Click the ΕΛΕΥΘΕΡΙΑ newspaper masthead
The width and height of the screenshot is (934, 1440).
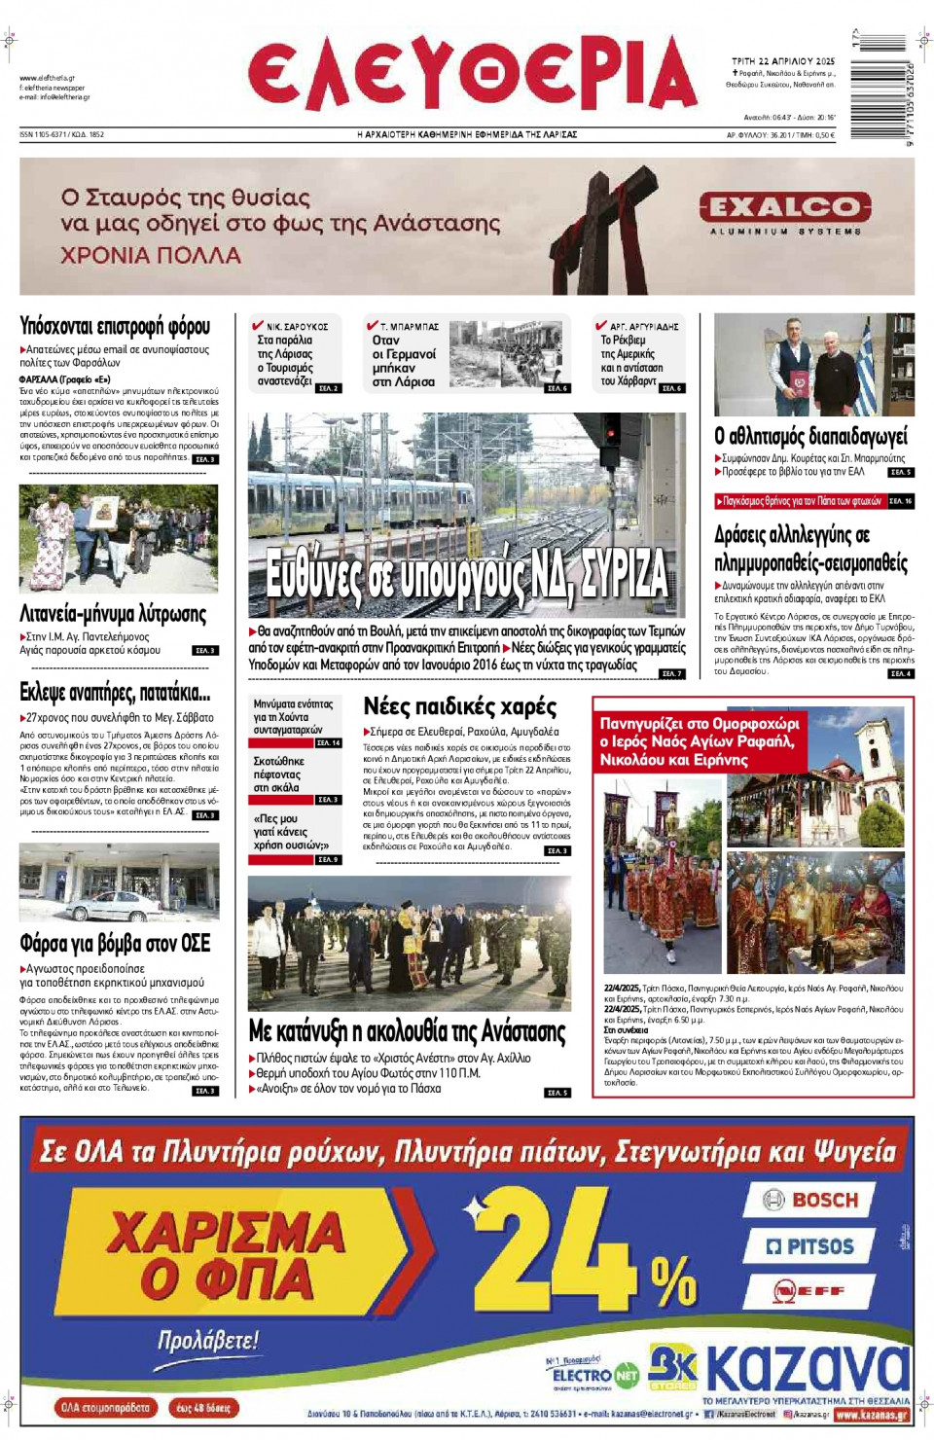473,76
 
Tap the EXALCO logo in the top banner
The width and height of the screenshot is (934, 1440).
784,207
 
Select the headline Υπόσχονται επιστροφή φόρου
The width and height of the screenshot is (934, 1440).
115,326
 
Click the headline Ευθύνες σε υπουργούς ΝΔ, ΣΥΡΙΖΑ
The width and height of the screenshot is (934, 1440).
467,574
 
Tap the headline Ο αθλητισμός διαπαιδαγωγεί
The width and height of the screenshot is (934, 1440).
810,436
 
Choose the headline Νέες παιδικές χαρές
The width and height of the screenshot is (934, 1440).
459,706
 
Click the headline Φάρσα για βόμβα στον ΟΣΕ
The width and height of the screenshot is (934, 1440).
115,943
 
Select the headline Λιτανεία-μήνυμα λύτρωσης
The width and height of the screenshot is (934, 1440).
113,614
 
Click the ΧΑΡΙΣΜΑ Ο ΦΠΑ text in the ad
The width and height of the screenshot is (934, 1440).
226,1255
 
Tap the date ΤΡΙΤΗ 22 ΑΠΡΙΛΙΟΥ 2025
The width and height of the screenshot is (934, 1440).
783,61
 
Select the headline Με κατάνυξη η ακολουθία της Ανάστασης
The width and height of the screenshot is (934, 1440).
407,1030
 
